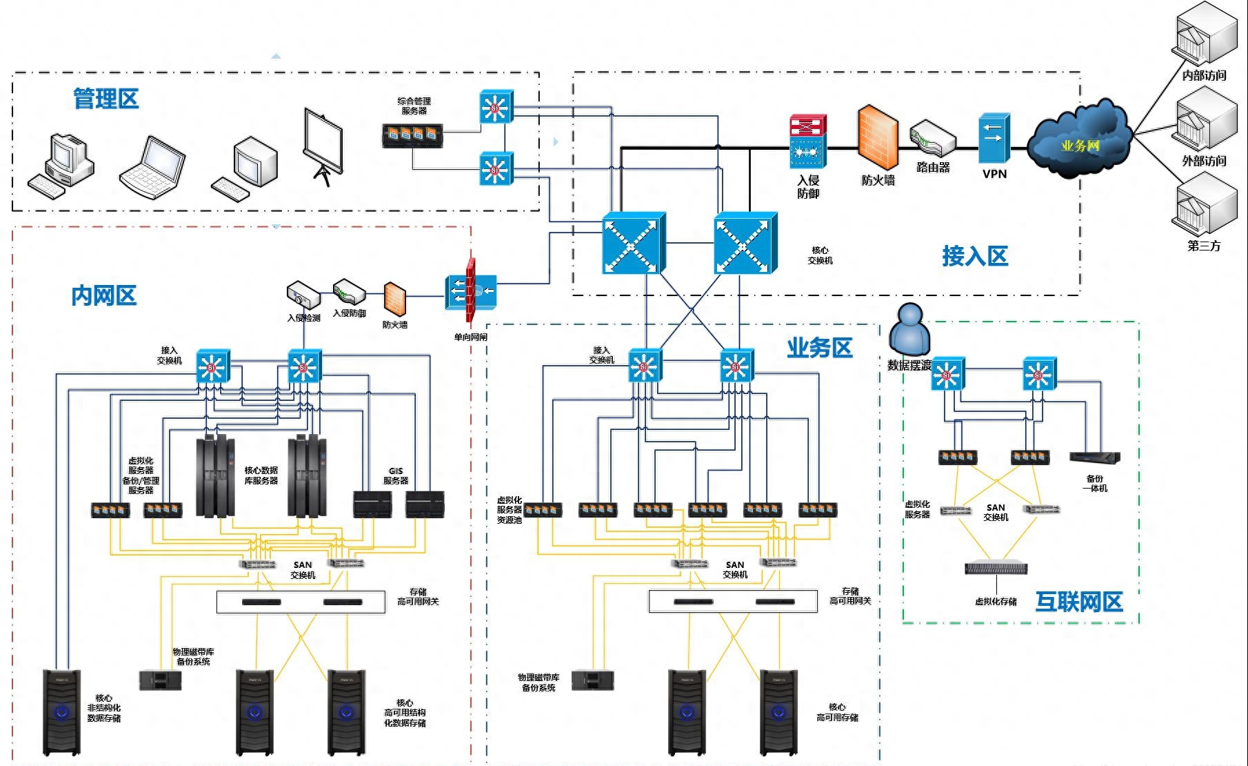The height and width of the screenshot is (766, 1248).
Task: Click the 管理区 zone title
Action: click(105, 99)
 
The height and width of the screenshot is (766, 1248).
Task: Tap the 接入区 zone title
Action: click(974, 256)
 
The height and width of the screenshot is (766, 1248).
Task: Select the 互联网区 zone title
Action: click(1078, 602)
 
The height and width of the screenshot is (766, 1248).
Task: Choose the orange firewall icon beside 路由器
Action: click(878, 138)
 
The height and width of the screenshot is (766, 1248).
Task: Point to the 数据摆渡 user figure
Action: click(909, 330)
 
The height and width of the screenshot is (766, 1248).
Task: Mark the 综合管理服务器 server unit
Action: click(412, 135)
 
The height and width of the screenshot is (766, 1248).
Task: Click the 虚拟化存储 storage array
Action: click(996, 569)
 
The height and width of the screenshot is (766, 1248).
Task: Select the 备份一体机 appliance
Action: click(1094, 458)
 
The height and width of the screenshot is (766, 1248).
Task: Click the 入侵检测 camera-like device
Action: click(303, 295)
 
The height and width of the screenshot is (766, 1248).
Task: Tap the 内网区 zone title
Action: click(104, 296)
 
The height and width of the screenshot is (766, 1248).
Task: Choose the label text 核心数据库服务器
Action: click(261, 475)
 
